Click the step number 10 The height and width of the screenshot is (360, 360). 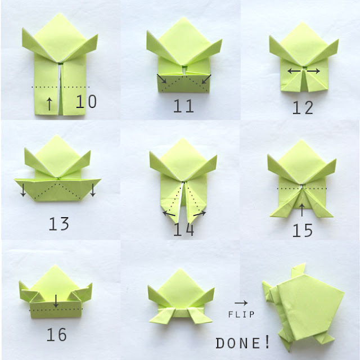(x=86, y=102)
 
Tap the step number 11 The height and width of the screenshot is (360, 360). (x=183, y=105)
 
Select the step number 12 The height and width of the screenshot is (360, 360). (x=303, y=107)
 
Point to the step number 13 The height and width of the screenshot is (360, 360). (x=58, y=223)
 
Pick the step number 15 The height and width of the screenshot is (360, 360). (x=303, y=230)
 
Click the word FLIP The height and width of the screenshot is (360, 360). (x=242, y=314)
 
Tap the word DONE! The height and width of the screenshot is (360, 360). (x=243, y=343)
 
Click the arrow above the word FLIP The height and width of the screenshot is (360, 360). (x=241, y=302)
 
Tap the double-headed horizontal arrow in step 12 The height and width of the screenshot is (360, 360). (x=304, y=71)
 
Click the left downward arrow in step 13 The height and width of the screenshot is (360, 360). (x=23, y=191)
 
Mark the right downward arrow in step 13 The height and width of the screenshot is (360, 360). (x=93, y=191)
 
